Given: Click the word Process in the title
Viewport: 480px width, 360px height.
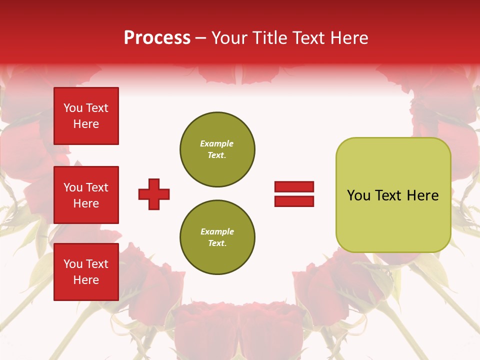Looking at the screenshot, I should point(157,38).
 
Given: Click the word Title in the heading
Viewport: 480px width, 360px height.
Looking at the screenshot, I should point(269,38).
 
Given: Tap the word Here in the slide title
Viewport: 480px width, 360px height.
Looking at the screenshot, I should point(348,38).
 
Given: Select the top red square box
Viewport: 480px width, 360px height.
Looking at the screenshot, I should point(86,116).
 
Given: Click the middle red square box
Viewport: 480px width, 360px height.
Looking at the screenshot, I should point(86,195).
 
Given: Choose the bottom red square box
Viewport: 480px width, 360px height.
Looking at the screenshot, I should point(86,272).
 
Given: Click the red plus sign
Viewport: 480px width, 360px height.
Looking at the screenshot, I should point(154,194).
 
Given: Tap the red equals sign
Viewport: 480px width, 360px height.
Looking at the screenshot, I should point(294,194).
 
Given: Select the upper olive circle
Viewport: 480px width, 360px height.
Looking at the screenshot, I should point(217,149).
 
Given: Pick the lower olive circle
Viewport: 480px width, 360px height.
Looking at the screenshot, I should point(217,237).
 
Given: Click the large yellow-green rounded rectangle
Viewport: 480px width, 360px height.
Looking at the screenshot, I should point(393,195).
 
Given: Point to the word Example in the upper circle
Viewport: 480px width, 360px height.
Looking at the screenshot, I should point(217,143).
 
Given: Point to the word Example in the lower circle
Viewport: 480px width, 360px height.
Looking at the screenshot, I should point(217,231).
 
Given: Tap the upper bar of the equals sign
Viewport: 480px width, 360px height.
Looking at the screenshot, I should point(294,187).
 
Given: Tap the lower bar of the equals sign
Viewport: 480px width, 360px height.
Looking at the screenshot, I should point(294,201).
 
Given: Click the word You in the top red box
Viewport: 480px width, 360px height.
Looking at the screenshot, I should point(73,108).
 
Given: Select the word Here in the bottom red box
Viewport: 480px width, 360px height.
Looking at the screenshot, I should point(86,280).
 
